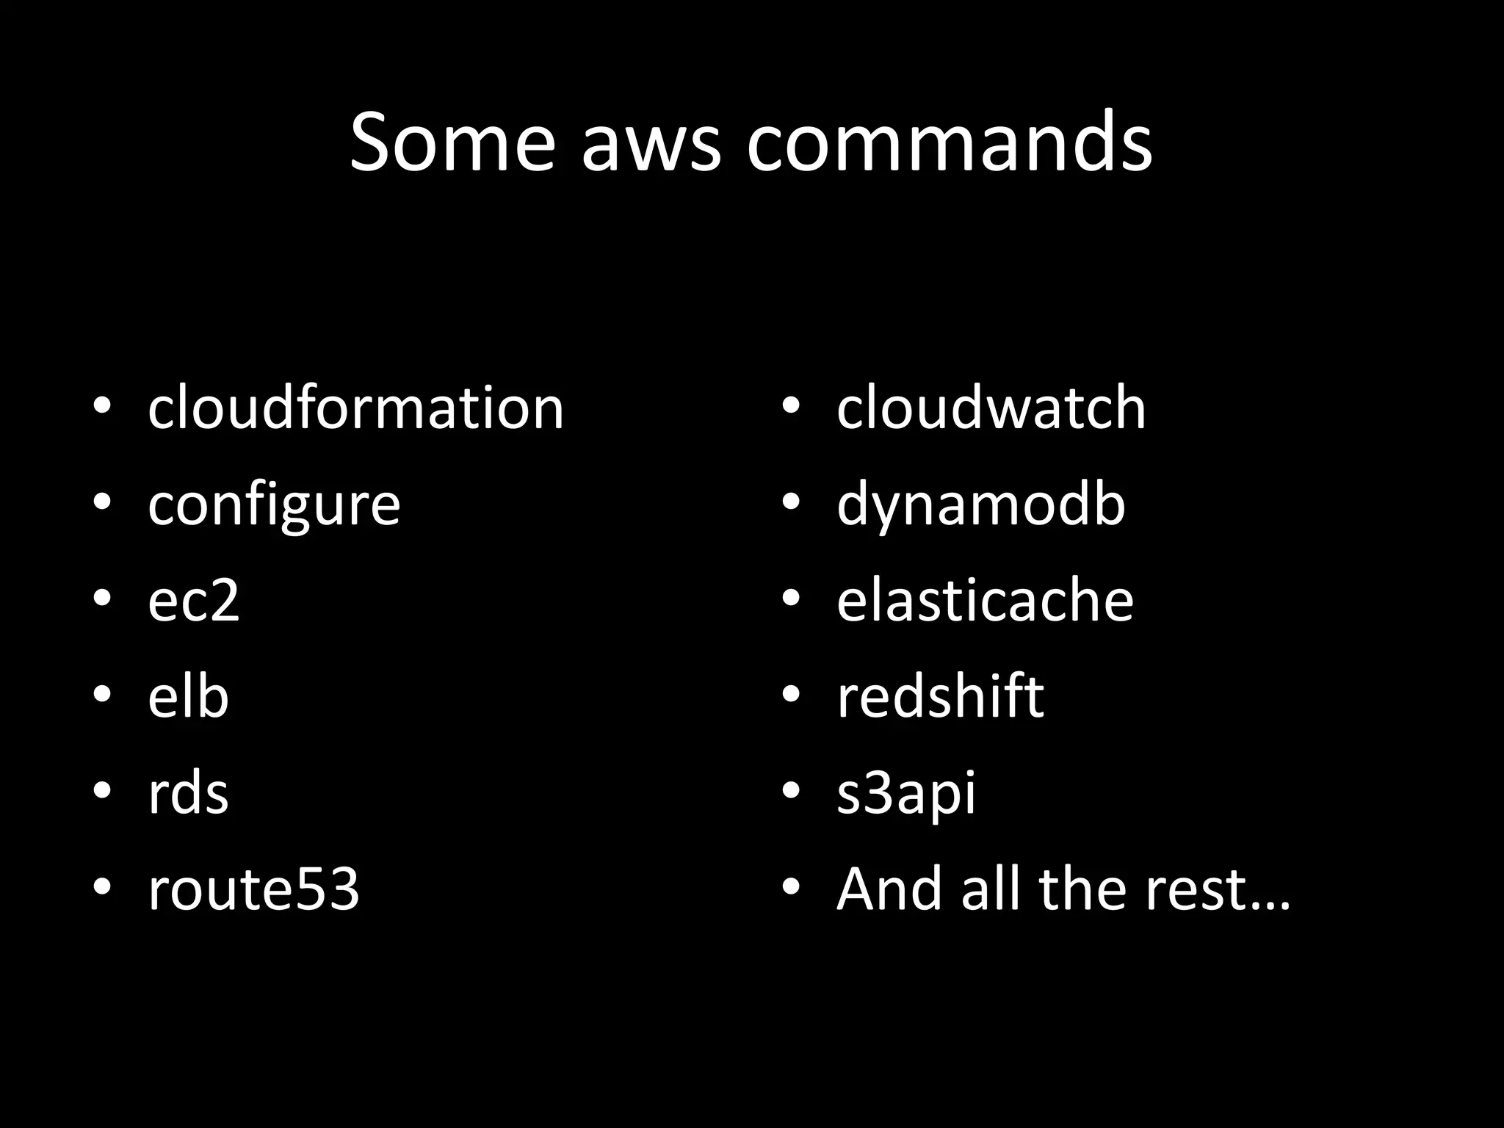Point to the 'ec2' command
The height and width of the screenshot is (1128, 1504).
193,601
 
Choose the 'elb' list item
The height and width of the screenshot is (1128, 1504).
188,696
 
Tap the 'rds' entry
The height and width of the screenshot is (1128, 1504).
188,793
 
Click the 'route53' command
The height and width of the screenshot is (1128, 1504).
253,889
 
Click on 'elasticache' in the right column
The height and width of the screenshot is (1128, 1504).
985,601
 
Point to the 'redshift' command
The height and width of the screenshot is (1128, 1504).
940,696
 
